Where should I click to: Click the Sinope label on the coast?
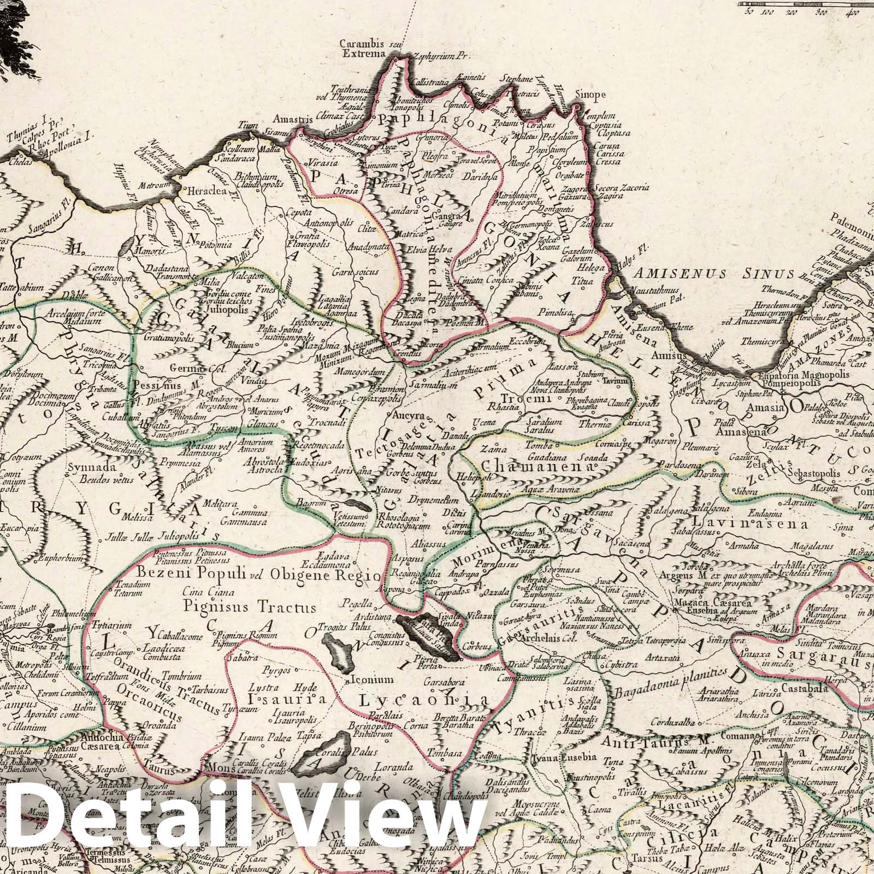[588, 95]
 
